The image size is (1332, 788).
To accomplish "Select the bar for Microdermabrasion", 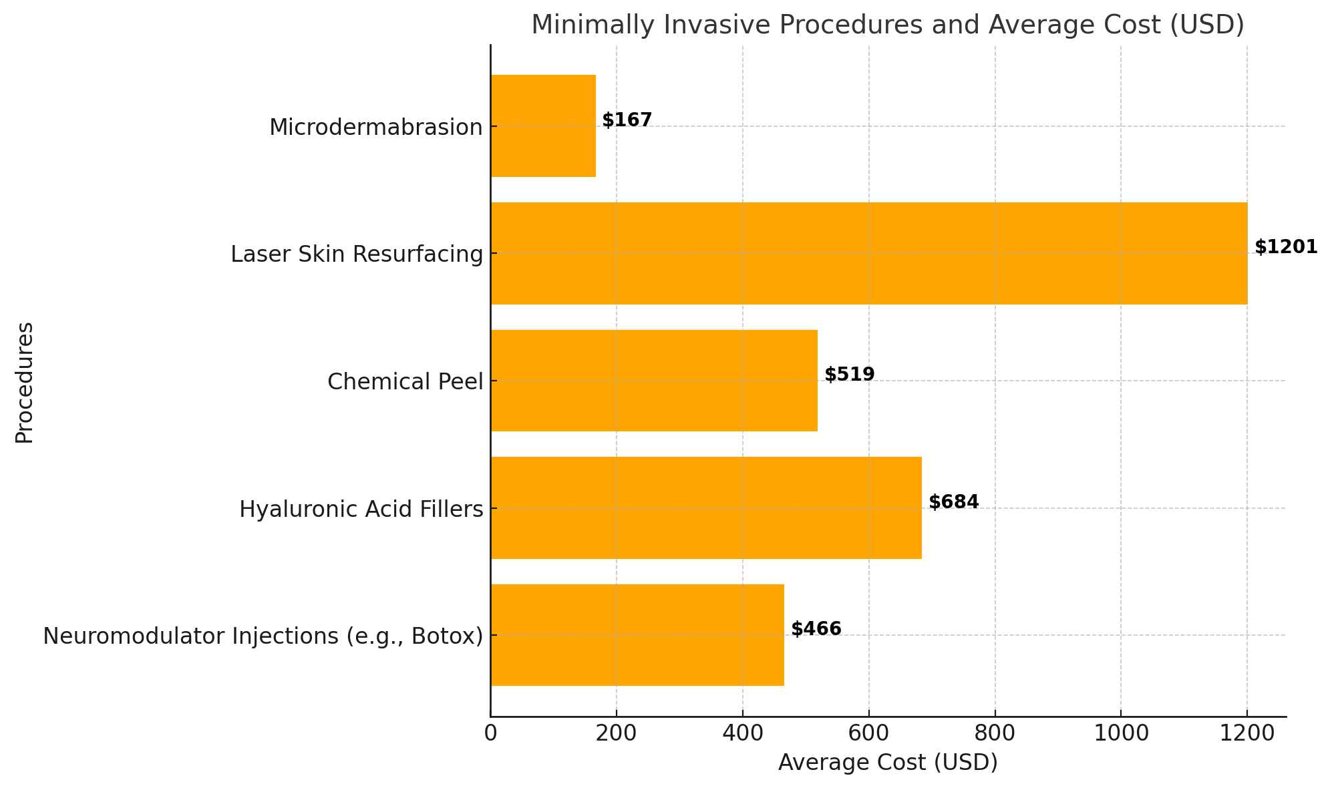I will point(542,126).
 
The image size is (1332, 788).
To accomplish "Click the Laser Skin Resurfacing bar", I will point(868,253).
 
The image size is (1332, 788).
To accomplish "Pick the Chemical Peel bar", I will point(653,381).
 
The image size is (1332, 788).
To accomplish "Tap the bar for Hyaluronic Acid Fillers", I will point(705,508).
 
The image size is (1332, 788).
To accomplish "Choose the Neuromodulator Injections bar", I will point(637,635).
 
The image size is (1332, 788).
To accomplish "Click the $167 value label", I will point(627,120).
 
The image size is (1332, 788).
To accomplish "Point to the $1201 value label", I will point(1285,247).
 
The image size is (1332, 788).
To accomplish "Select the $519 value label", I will point(849,375).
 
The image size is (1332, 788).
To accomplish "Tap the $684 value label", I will point(953,502).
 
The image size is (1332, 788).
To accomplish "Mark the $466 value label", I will point(816,629).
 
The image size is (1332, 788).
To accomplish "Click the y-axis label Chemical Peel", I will point(405,382).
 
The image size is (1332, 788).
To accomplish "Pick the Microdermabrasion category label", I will point(375,127).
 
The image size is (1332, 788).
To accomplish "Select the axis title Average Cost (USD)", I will point(888,763).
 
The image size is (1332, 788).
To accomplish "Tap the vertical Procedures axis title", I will point(25,382).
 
